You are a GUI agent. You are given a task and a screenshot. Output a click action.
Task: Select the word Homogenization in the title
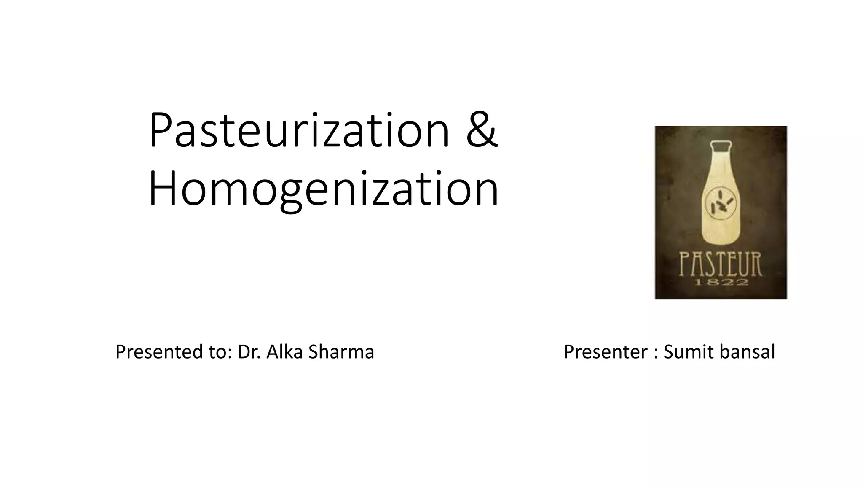tap(324, 188)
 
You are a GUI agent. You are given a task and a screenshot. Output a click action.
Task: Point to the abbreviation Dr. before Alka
tap(249, 352)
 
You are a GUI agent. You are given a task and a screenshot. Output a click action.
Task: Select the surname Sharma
tap(341, 352)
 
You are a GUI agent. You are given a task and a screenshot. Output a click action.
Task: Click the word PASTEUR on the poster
tap(721, 264)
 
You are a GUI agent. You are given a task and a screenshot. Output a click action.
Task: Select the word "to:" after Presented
tap(220, 352)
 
